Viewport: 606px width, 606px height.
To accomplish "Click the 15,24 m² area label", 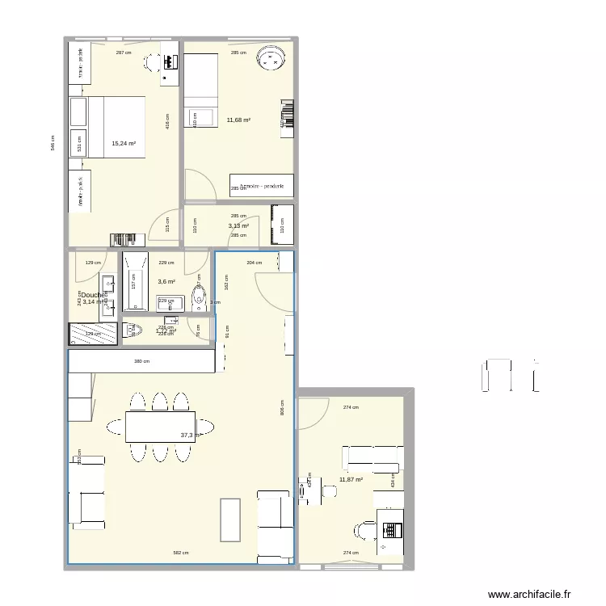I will click(124, 144).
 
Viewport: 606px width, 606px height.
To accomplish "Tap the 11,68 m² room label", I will click(238, 120).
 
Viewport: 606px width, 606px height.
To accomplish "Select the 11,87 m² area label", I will click(351, 479).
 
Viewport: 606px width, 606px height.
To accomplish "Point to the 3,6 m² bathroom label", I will click(166, 281).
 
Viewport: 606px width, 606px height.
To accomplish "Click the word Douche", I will click(94, 295).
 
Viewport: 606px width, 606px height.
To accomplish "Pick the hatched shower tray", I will click(94, 335).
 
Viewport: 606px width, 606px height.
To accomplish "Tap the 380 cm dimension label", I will click(142, 361).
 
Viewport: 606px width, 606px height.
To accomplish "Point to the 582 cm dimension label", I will click(181, 553).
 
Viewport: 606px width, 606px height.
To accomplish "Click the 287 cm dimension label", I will click(124, 53).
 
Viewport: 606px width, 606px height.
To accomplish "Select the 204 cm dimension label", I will click(254, 263).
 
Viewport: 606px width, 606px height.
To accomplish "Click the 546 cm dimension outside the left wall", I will click(53, 142).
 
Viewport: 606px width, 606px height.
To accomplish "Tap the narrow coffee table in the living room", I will click(230, 520).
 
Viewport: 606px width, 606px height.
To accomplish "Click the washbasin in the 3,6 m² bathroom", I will click(170, 302).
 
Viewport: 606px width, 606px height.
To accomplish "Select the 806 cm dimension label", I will click(281, 410).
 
